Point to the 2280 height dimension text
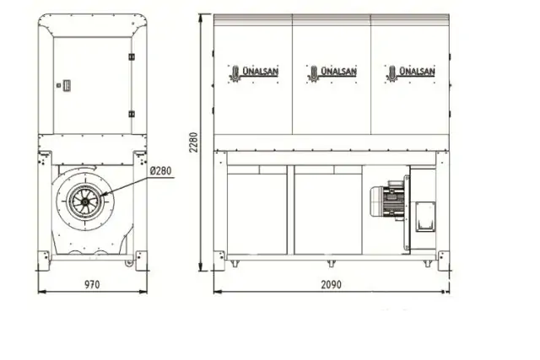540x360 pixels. [x=193, y=142]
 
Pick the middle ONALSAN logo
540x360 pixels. [x=332, y=73]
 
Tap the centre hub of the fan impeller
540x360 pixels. [x=86, y=203]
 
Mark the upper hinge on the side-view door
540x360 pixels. [x=131, y=56]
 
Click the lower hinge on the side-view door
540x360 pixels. [x=131, y=113]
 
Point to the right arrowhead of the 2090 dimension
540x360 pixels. [x=447, y=292]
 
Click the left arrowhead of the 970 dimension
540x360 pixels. [x=40, y=292]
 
